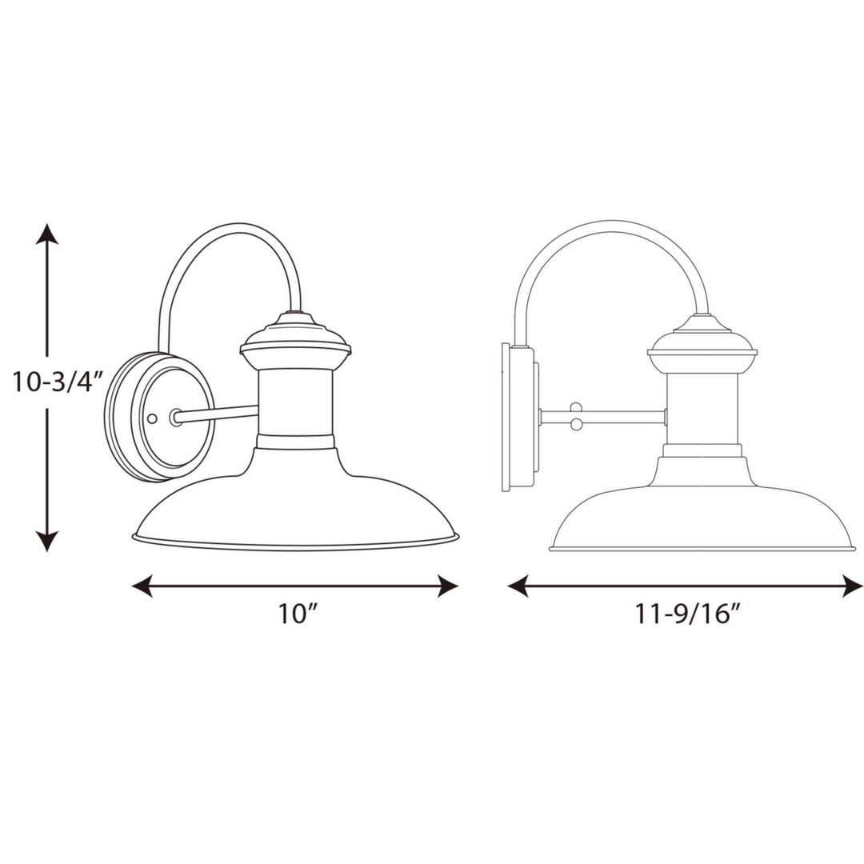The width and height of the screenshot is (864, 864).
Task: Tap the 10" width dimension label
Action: pyautogui.click(x=298, y=615)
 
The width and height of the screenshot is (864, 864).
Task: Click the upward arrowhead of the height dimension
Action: pyautogui.click(x=48, y=234)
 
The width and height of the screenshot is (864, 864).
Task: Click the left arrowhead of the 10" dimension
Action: pyautogui.click(x=142, y=586)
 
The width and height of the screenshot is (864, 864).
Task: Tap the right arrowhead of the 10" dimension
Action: pyautogui.click(x=447, y=586)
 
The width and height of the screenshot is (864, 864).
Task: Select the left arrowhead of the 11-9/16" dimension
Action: pyautogui.click(x=518, y=586)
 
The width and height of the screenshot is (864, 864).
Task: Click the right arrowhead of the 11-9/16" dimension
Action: pyautogui.click(x=853, y=586)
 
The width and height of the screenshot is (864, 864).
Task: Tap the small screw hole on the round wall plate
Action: pyautogui.click(x=153, y=418)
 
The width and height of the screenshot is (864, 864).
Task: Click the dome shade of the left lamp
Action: pyautogui.click(x=296, y=504)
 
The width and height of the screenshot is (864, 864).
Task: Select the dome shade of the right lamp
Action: pyautogui.click(x=702, y=512)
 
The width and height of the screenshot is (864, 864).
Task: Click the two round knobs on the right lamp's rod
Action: pyautogui.click(x=574, y=417)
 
